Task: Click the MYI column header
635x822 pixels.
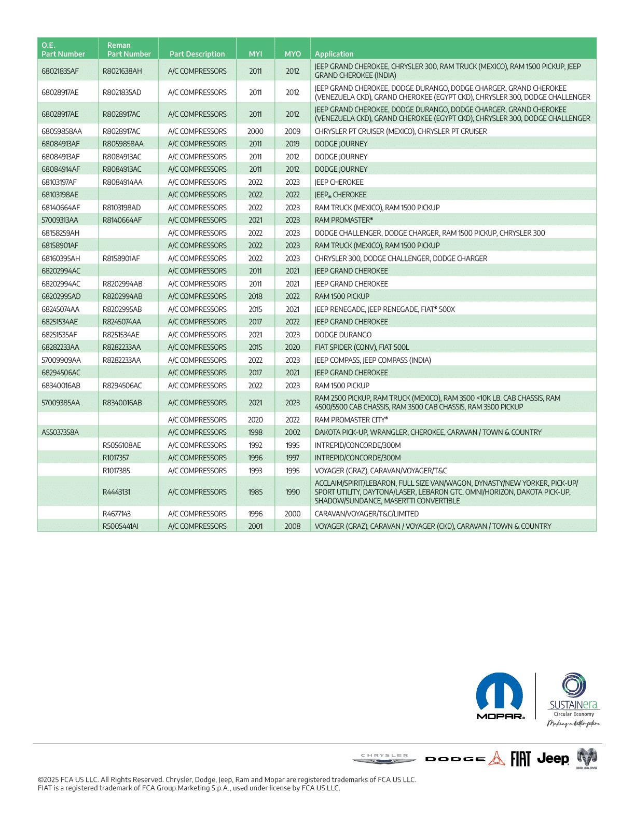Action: coord(255,54)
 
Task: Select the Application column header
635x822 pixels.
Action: coord(334,54)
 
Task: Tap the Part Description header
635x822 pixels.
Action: coord(197,54)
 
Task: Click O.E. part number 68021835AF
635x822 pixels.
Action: coord(60,71)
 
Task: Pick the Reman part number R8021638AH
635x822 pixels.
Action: coord(122,71)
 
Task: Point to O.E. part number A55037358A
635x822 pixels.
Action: coord(60,432)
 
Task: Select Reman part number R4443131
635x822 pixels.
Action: coord(116,492)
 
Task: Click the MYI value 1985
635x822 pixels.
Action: coord(255,492)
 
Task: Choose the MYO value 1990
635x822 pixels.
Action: coord(293,492)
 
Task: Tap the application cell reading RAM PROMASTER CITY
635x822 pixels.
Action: coord(351,420)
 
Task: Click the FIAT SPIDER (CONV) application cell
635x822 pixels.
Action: coord(362,347)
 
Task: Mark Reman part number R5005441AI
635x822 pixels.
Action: coord(121,526)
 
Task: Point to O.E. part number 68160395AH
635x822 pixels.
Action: coord(61,258)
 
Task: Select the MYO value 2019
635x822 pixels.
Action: coord(293,144)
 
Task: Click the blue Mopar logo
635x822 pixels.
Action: coord(500,696)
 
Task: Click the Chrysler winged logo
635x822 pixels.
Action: coord(384,759)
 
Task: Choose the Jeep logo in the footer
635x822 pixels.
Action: coord(553,759)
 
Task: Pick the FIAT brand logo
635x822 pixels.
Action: coord(520,759)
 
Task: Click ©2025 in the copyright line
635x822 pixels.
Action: coord(48,779)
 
